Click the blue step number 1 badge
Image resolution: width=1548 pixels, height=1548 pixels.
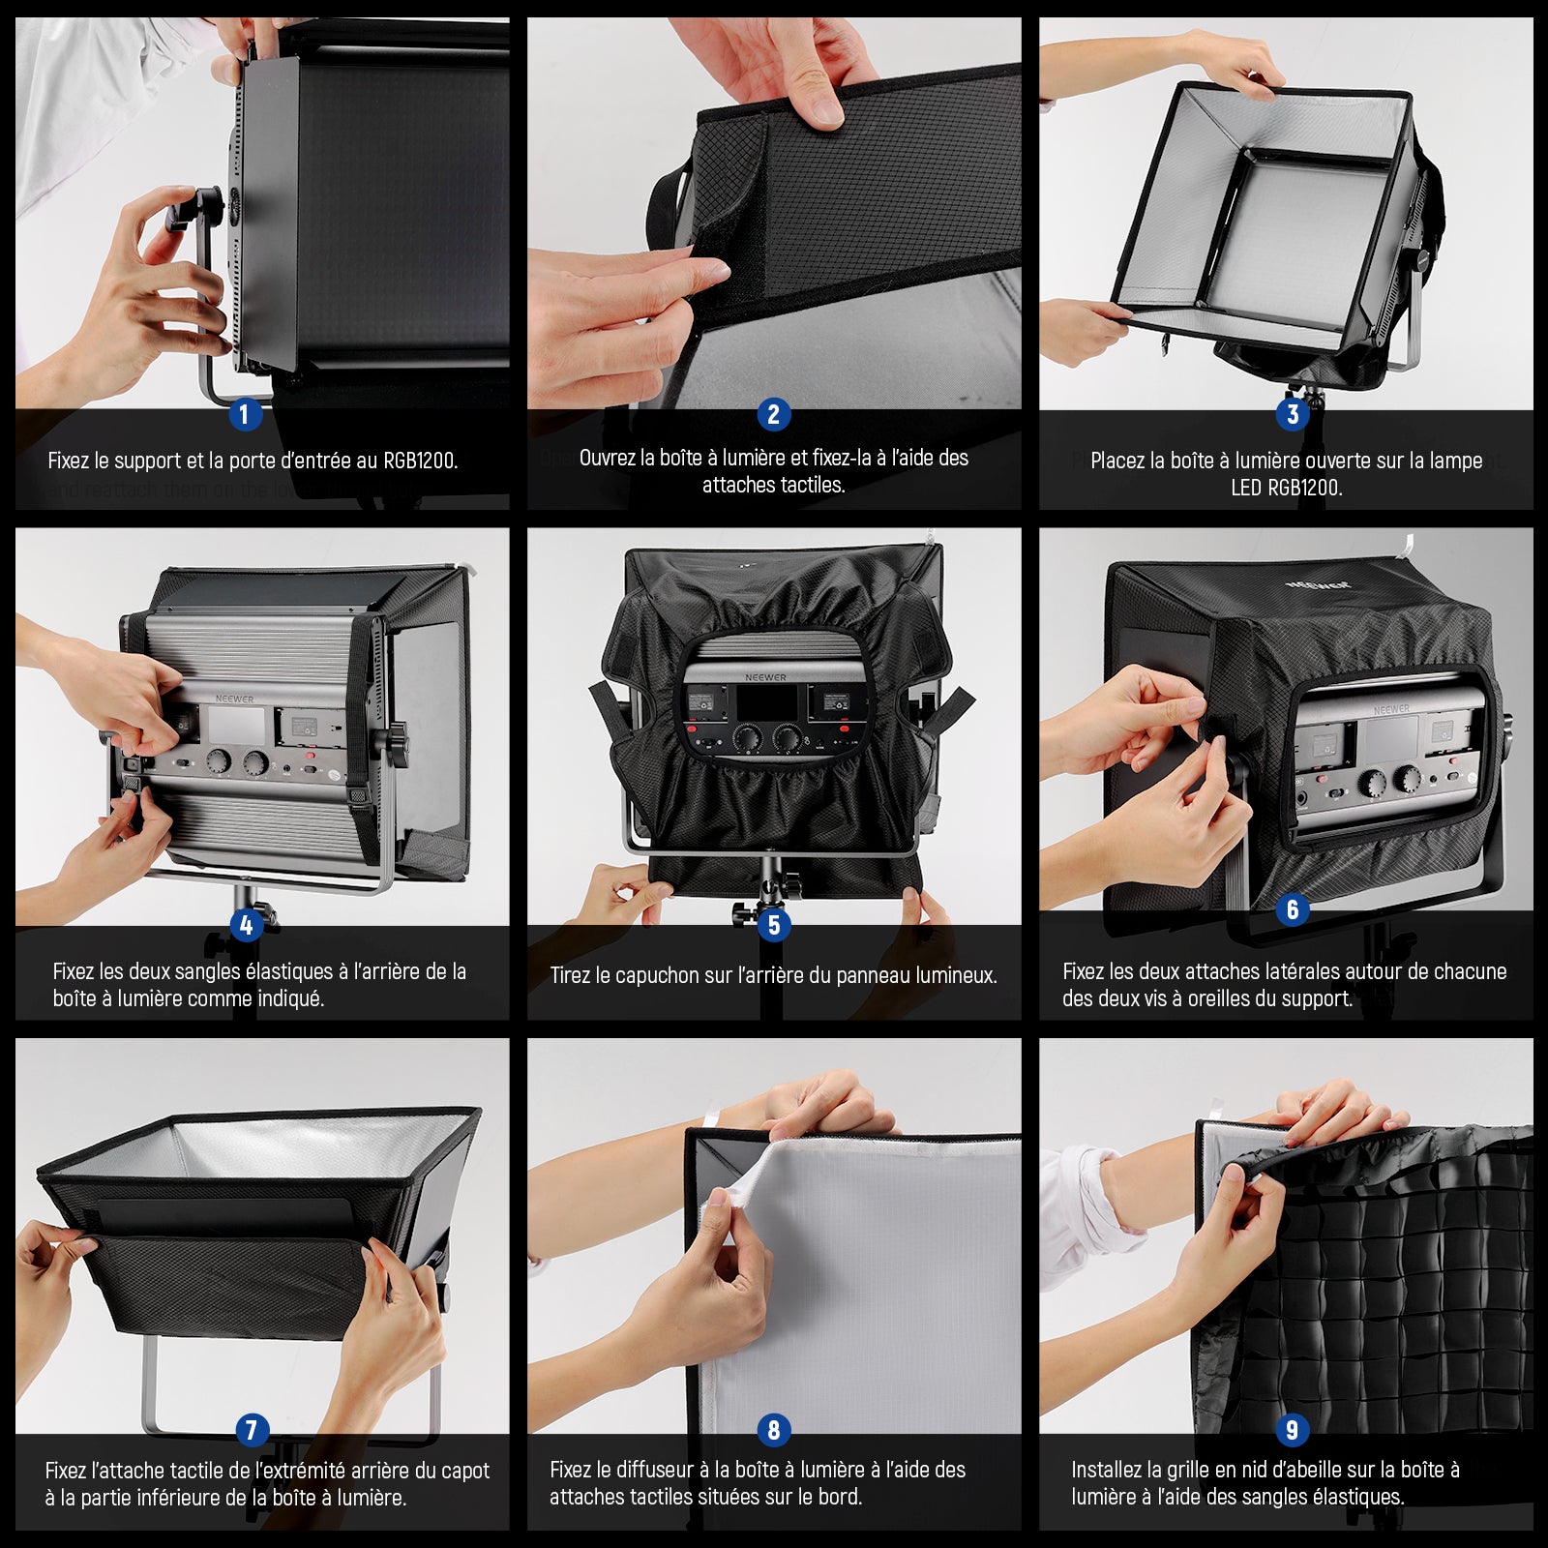point(244,415)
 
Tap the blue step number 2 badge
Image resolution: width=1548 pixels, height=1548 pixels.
point(773,415)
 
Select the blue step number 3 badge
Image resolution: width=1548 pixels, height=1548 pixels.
point(1293,415)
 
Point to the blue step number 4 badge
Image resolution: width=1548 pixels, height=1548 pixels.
point(246,926)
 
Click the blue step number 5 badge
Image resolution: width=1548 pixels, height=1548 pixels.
point(773,926)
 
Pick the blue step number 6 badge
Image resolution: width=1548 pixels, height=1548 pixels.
point(1293,909)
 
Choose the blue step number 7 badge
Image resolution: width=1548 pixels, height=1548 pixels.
point(252,1430)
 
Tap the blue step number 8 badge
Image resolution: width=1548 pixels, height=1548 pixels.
point(773,1430)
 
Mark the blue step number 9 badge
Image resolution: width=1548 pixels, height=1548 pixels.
point(1293,1429)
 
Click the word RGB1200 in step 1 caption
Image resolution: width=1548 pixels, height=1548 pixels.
point(419,461)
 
